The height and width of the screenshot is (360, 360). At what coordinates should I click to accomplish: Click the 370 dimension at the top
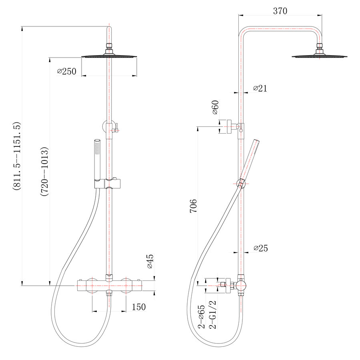point(280,11)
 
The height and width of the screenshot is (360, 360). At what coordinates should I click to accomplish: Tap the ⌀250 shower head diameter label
point(66,72)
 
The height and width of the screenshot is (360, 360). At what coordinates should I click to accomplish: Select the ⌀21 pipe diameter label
point(260,88)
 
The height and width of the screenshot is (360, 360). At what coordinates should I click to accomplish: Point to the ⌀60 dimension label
point(215,107)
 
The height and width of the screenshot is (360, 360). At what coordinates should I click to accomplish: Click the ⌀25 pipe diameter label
point(261,248)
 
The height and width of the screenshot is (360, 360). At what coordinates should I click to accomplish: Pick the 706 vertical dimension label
point(193,206)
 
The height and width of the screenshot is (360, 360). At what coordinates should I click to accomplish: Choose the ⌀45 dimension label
point(150,261)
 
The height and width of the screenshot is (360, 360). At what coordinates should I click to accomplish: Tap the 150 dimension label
point(139,307)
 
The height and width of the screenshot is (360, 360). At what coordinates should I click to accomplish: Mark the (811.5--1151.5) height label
point(17,156)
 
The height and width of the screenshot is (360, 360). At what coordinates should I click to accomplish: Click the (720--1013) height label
point(44,172)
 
